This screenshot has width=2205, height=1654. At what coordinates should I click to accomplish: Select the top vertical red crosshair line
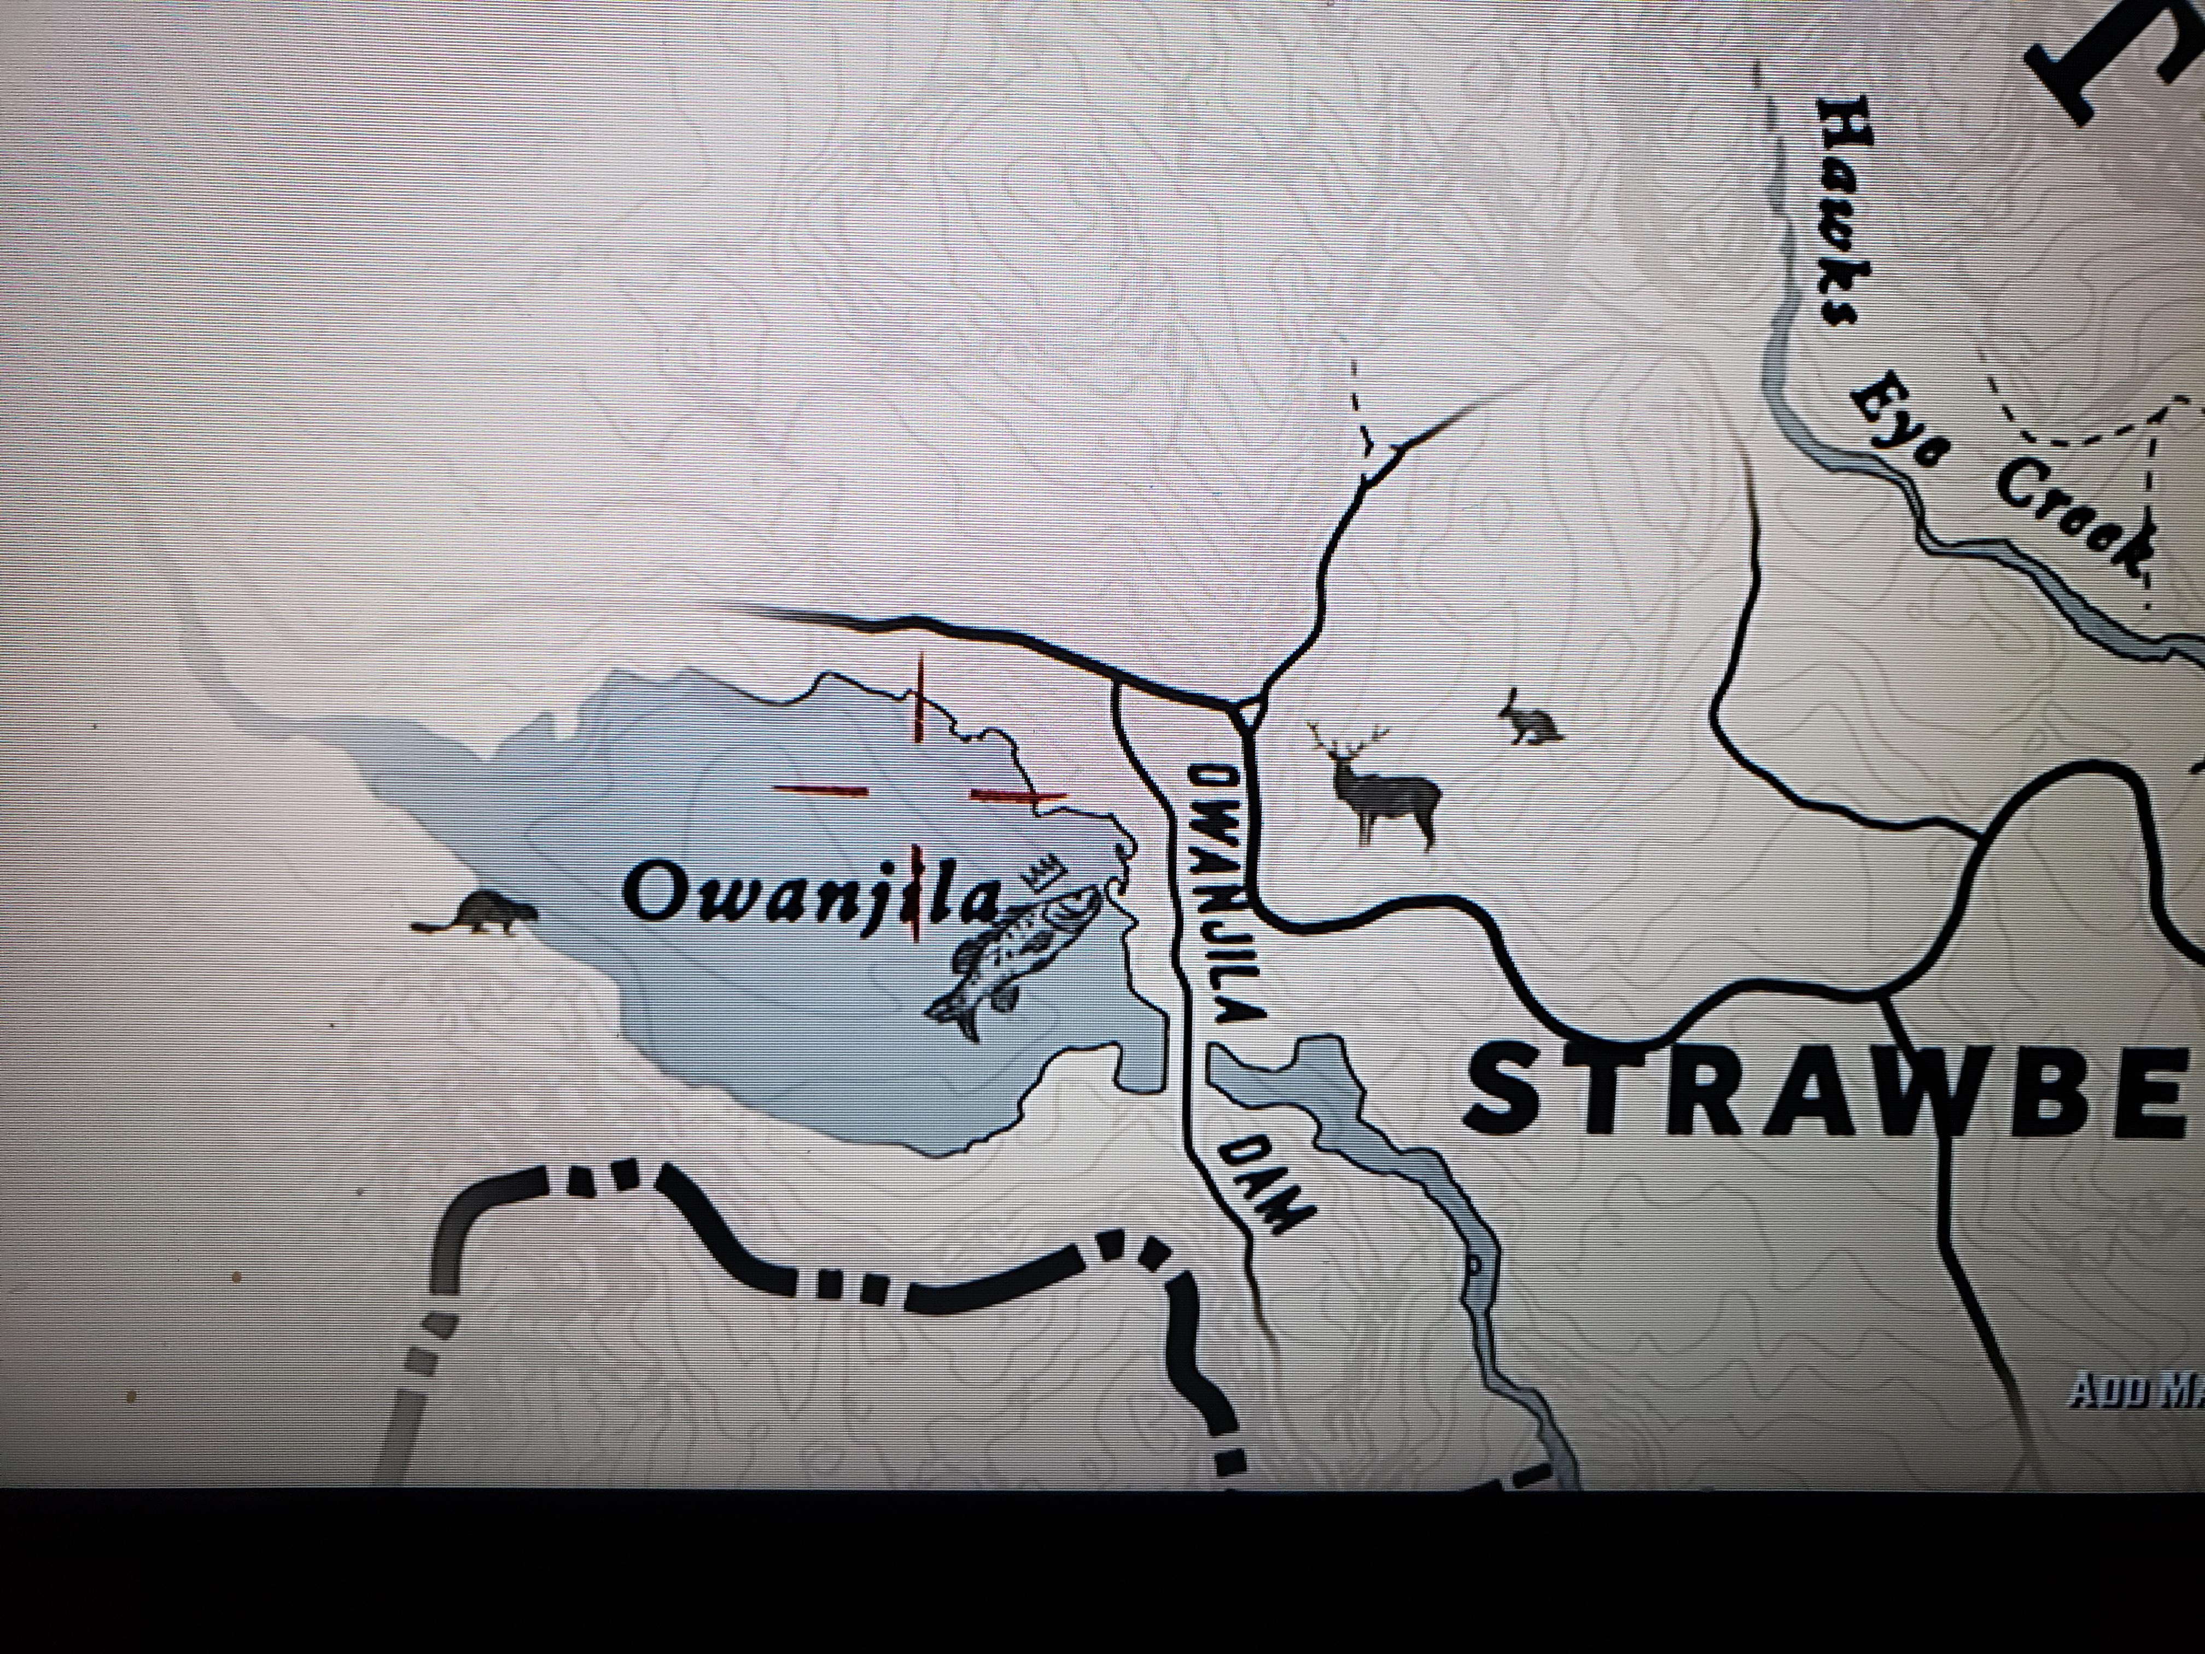(x=919, y=698)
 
